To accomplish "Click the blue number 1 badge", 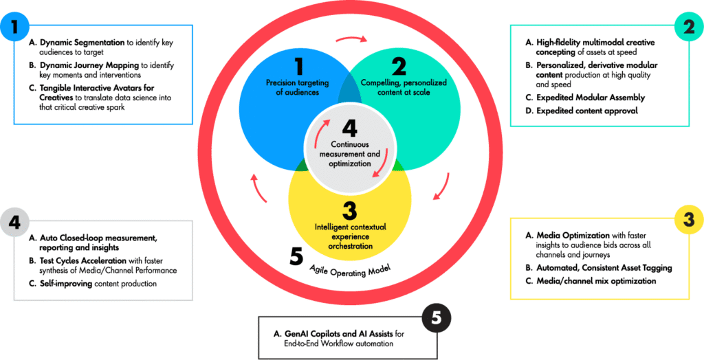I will point(13,27).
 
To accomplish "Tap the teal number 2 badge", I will point(688,27).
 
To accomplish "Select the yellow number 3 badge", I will point(688,218).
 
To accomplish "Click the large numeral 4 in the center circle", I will point(351,127).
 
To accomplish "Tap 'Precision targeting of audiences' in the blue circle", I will point(298,87).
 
